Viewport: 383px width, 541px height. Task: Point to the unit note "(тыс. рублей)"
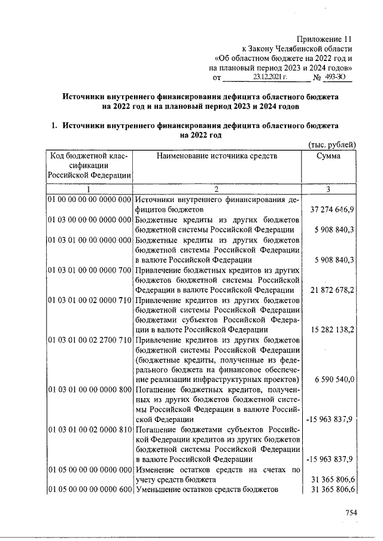332,145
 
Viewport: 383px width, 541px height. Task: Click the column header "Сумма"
330,156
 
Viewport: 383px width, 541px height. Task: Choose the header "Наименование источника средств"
217,156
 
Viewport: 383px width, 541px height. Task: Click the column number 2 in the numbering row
217,189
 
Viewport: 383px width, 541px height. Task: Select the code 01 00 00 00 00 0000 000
90,200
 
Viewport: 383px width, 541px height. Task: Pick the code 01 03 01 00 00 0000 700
90,270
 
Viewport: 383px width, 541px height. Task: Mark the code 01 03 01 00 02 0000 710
90,299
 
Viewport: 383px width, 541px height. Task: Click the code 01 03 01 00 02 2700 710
90,340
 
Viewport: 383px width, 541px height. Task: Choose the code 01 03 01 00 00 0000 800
90,390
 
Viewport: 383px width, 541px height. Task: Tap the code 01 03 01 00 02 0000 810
90,430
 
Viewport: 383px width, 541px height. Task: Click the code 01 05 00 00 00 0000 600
90,490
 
